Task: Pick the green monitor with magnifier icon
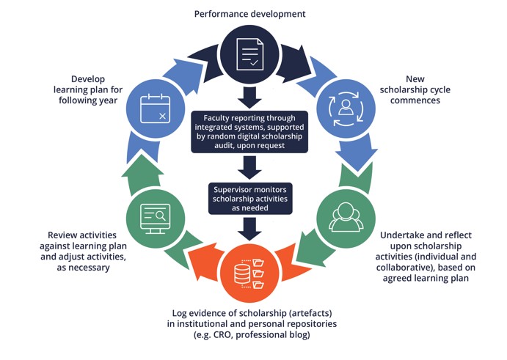tap(154, 217)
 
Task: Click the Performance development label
tap(249, 14)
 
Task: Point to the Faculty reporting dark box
tap(249, 131)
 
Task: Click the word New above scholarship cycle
tap(416, 78)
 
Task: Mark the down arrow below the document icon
tap(249, 95)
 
